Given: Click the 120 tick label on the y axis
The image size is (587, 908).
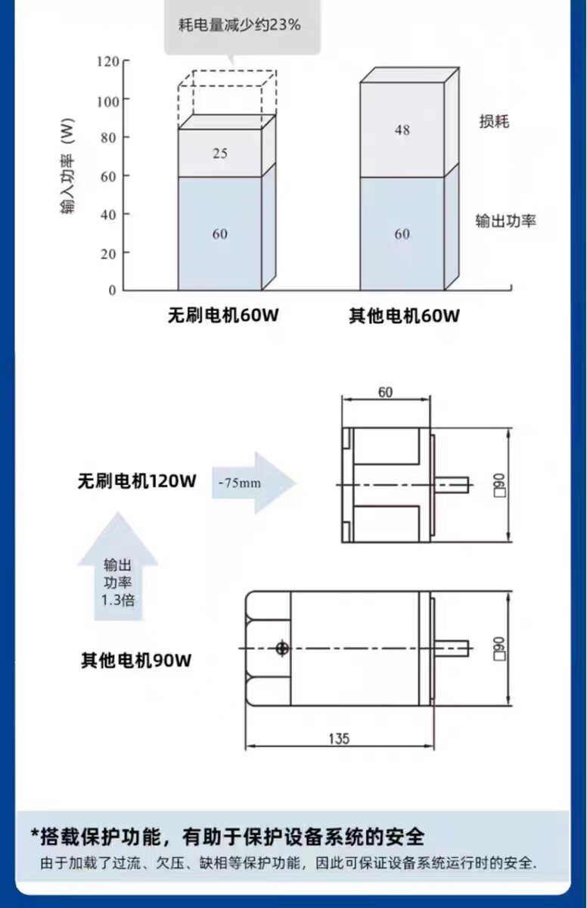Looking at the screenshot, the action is tap(108, 61).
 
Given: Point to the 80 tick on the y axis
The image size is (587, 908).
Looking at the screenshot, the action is tap(126, 138).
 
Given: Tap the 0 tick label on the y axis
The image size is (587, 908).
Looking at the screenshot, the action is tap(112, 291).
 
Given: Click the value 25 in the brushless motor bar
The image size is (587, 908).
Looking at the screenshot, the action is tap(220, 153).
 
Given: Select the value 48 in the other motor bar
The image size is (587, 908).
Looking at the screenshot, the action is tap(402, 130).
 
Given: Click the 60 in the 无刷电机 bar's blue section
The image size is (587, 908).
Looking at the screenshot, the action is tap(220, 234).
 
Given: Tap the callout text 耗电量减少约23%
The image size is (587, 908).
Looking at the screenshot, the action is tap(240, 25).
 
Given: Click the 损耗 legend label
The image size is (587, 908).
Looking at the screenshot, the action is tap(494, 121).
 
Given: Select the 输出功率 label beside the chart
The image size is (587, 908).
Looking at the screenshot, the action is tap(505, 221).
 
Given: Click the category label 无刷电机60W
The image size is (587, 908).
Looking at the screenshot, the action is tap(223, 315).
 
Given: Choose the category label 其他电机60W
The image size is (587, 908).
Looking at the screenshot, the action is tap(404, 316).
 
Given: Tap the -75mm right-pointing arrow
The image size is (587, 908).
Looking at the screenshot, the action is tap(254, 483).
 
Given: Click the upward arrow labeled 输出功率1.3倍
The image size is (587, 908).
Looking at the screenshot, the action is tap(117, 567).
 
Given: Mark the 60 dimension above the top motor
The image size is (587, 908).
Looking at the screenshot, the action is tap(385, 392).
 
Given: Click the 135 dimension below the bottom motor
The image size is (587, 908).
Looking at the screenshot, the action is tap(339, 739).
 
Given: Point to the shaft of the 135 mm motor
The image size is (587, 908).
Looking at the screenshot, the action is tap(452, 648).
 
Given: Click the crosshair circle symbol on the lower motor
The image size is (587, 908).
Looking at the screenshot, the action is tap(282, 648).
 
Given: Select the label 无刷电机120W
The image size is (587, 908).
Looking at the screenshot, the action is tap(137, 481).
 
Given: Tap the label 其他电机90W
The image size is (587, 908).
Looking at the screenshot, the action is tap(136, 661).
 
